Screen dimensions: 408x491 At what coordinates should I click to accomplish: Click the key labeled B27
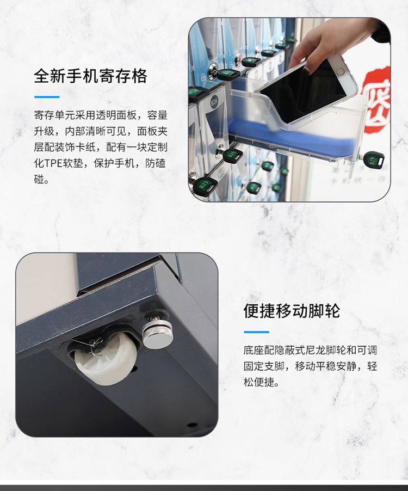point(374,159)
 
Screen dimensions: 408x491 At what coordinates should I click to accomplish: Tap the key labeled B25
point(205,186)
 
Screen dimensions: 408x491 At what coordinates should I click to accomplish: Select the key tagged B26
point(233,155)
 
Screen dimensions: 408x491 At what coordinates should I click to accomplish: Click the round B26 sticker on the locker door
point(214,101)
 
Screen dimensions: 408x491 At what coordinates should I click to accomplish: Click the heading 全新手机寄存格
point(90,76)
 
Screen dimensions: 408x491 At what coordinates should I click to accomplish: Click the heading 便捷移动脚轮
point(292,311)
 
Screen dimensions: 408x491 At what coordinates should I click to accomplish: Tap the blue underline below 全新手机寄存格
point(47,97)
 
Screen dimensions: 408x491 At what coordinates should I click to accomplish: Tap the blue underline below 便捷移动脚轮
point(256,332)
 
